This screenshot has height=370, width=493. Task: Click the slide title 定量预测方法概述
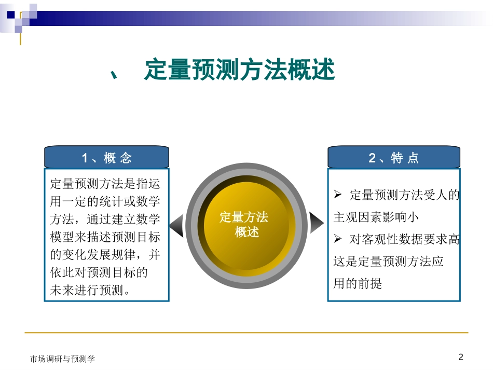[x=239, y=71]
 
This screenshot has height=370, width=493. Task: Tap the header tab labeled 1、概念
[x=106, y=158]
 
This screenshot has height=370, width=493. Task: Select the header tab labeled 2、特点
[x=393, y=158]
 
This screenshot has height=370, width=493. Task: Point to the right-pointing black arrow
[x=316, y=223]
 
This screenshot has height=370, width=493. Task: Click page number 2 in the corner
[x=461, y=357]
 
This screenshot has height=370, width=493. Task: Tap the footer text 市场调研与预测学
[x=62, y=359]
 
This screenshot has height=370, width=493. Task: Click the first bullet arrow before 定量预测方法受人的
[x=338, y=195]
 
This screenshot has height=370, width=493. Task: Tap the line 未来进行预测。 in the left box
[x=90, y=291]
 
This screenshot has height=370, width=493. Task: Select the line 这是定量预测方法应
[x=388, y=262]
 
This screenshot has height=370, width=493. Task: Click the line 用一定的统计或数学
[x=105, y=201]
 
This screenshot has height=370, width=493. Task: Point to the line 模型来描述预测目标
[x=105, y=237]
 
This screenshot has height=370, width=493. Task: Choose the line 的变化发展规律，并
[x=105, y=254]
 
